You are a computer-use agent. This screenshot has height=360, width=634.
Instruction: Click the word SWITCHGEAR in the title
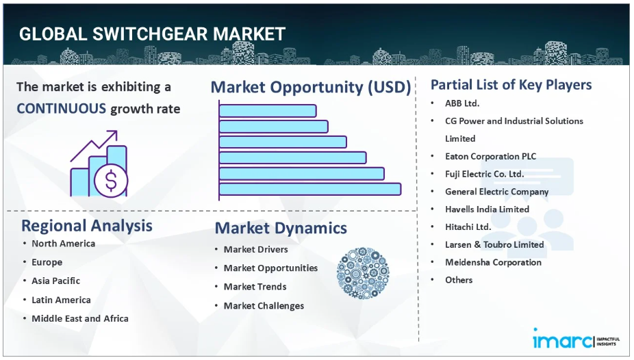pos(150,34)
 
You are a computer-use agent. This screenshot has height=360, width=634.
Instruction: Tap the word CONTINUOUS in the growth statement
pos(61,109)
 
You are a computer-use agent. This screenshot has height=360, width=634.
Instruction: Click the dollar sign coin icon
pos(111,181)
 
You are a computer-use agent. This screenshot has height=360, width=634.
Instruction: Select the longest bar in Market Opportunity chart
pos(310,189)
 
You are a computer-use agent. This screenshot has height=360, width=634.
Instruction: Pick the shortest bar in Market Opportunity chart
pos(268,111)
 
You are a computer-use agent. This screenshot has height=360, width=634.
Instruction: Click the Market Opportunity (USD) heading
pos(311,88)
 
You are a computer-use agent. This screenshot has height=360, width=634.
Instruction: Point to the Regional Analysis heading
pos(87,225)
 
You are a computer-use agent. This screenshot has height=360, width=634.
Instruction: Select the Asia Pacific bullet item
pos(55,281)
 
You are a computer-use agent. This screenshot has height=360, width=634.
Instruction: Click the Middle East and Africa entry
pos(80,318)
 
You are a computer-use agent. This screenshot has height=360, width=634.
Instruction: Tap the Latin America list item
pos(61,300)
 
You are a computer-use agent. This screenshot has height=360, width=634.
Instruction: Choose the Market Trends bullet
pos(255,287)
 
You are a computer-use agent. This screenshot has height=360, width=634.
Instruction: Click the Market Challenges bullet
pos(264,306)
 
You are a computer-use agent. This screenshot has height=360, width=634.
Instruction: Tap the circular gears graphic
pos(363,273)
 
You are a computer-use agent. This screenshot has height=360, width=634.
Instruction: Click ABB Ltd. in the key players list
pos(462,103)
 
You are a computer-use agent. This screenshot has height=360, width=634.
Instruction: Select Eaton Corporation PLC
pos(490,156)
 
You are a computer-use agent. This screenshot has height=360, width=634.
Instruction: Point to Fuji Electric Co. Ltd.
pos(484,174)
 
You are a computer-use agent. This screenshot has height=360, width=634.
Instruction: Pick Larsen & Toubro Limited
pos(494,244)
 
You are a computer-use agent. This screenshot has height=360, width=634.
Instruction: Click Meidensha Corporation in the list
pos(493,262)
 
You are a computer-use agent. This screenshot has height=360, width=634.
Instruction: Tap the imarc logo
pos(576,339)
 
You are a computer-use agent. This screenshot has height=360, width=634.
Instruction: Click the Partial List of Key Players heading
pos(511,85)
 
